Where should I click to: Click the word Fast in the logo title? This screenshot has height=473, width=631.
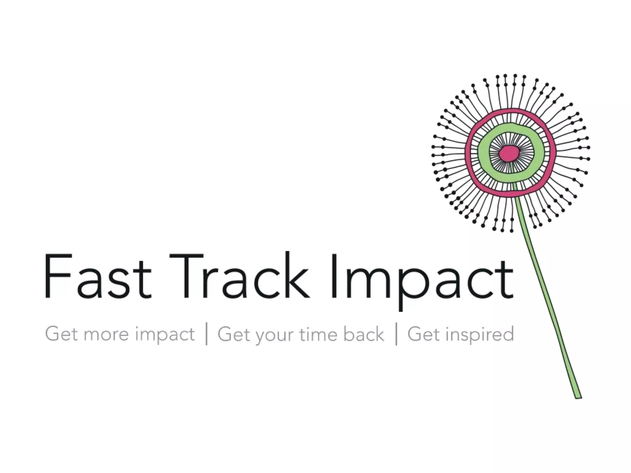tap(98, 276)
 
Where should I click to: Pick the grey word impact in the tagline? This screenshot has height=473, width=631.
tap(165, 335)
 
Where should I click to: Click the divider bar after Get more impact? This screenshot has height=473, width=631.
tap(206, 334)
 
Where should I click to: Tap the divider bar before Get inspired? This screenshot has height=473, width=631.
tap(396, 334)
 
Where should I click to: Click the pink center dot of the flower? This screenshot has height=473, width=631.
tap(509, 153)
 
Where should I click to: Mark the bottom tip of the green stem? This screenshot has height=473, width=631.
tap(578, 397)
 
